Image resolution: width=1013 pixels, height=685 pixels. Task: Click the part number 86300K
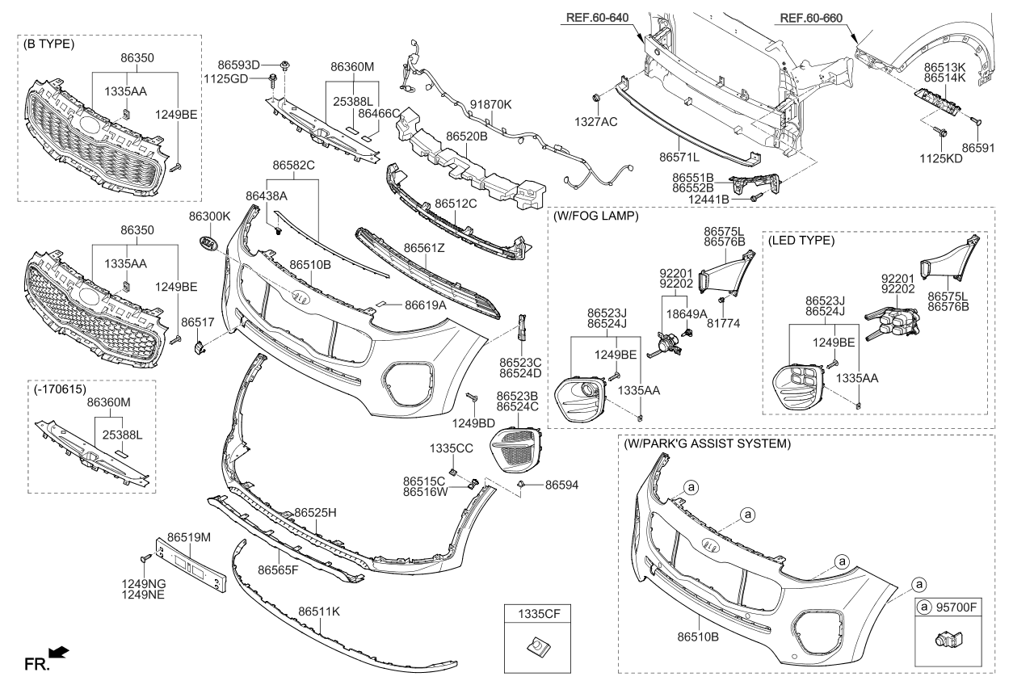click(209, 216)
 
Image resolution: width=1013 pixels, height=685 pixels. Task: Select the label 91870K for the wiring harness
click(490, 105)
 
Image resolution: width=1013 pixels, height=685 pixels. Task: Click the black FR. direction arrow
click(59, 652)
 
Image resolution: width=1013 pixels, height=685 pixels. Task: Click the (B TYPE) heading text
click(49, 44)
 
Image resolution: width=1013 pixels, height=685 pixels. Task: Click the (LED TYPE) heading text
click(801, 240)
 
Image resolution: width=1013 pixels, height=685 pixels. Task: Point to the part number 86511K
click(319, 611)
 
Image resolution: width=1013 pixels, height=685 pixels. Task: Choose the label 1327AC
click(596, 121)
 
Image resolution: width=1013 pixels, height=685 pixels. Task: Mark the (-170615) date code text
click(60, 389)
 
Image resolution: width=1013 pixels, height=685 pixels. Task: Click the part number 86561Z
click(424, 248)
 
